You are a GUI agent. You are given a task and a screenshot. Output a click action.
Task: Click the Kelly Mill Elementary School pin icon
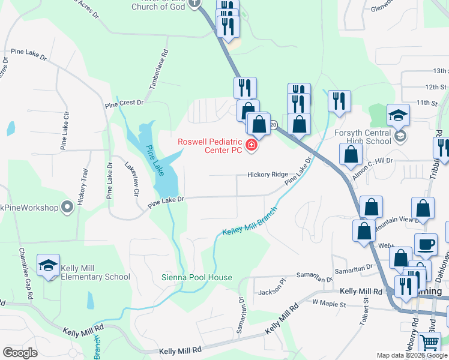pyautogui.click(x=48, y=266)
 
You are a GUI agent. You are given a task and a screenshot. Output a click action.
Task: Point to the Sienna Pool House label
pyautogui.click(x=197, y=277)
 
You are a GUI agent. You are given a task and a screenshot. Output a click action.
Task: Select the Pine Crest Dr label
pyautogui.click(x=124, y=103)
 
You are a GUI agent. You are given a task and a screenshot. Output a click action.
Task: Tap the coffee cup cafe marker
pyautogui.click(x=426, y=244)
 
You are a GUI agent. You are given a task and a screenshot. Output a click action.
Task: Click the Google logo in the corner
pyautogui.click(x=20, y=353)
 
